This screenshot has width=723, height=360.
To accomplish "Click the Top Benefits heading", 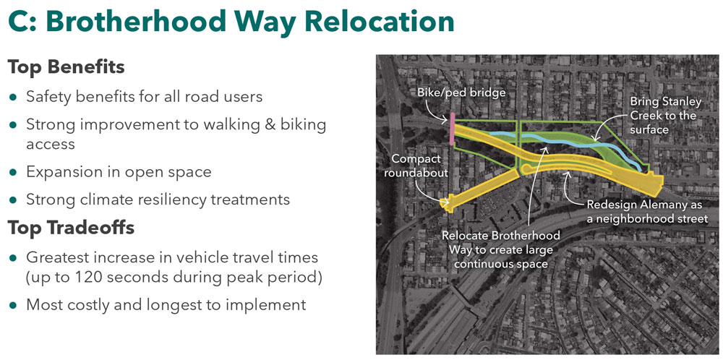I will point(66,67).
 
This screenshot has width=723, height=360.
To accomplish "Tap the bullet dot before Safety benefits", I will point(12,97).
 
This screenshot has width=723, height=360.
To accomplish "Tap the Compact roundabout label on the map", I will point(420,166).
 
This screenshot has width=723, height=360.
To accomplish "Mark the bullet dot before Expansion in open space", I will point(12,173).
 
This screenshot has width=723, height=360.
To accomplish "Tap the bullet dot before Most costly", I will point(12,304).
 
